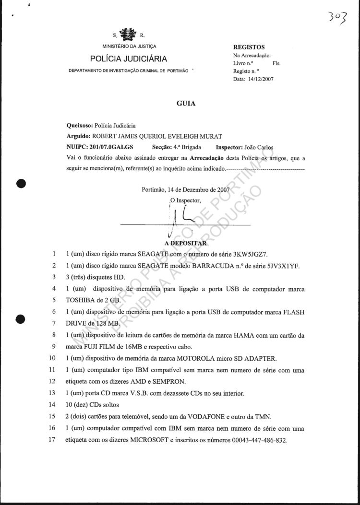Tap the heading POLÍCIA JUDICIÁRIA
click(x=129, y=59)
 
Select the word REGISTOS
click(x=249, y=47)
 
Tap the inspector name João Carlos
click(x=259, y=147)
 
